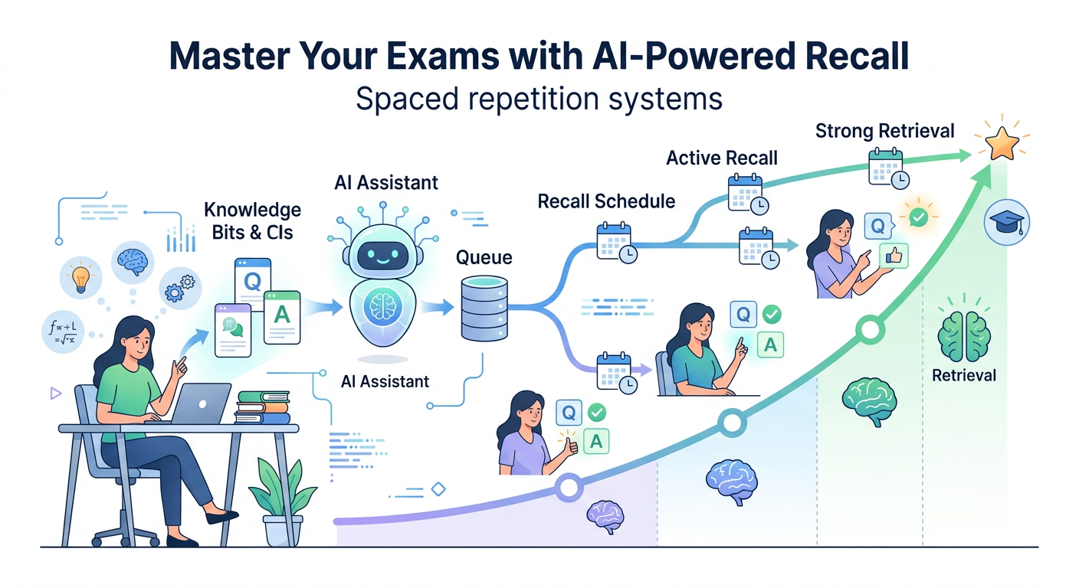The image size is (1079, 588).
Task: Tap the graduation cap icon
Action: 1007,223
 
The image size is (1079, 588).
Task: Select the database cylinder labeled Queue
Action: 484,309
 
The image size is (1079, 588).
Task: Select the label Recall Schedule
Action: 606,201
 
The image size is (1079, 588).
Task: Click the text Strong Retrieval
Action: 884,131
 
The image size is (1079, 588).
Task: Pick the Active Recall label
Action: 721,158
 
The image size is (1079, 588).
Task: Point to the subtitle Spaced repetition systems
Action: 539,100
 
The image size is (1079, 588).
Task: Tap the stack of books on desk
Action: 263,407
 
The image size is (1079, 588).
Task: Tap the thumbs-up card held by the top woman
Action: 894,256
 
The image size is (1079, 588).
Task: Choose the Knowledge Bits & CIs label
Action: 252,220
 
